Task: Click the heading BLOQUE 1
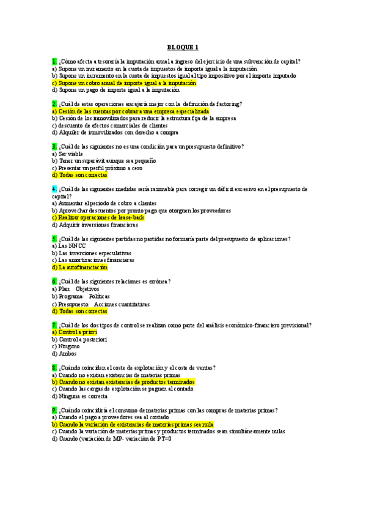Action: coord(183,47)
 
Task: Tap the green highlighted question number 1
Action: coord(54,61)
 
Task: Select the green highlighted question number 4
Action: coord(54,189)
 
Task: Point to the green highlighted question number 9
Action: coord(54,409)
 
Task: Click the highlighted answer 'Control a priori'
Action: coord(75,332)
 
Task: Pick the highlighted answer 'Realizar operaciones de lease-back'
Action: coord(98,217)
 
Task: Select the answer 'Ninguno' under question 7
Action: coord(66,346)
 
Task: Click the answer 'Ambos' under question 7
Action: coord(64,354)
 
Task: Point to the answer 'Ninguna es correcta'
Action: coord(81,396)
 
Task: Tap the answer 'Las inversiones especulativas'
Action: coord(92,253)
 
